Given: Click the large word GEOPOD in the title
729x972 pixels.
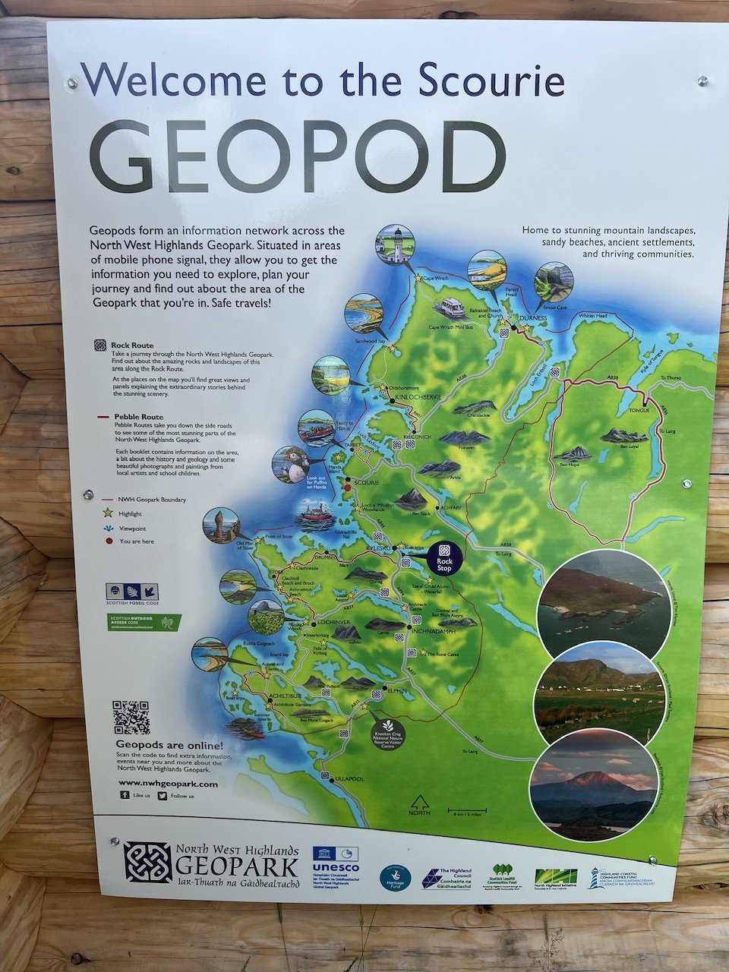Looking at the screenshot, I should click(x=297, y=157).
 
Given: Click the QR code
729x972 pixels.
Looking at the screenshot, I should click(x=131, y=717).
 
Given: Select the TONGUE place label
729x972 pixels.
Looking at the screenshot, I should click(x=640, y=410).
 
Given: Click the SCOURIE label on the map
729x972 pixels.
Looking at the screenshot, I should click(x=366, y=482).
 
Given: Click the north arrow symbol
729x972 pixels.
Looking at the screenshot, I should click(x=419, y=803).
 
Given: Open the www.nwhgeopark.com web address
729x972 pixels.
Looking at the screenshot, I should click(x=168, y=784).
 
